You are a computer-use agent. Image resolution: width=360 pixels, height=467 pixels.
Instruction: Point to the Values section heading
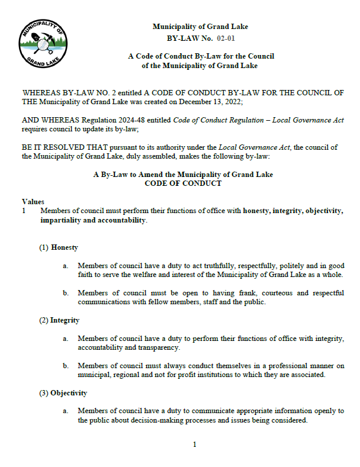(33, 202)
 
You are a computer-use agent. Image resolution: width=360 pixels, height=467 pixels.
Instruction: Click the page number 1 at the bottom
(194, 445)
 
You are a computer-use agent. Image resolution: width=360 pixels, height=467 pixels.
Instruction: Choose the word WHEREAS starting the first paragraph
(39, 93)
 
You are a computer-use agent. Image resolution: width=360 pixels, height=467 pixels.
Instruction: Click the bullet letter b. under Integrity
(65, 366)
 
